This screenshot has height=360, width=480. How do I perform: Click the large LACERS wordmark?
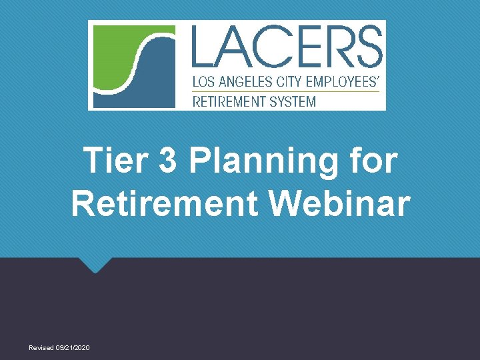(x=287, y=46)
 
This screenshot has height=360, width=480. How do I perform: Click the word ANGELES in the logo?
(x=247, y=83)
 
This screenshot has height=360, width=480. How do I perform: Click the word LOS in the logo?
(x=203, y=83)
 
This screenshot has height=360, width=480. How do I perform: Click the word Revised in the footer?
(x=41, y=348)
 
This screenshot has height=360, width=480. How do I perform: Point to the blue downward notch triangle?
(x=95, y=265)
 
